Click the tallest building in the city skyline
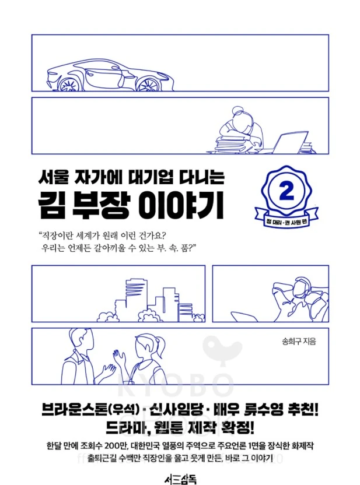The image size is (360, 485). click(134, 297)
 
